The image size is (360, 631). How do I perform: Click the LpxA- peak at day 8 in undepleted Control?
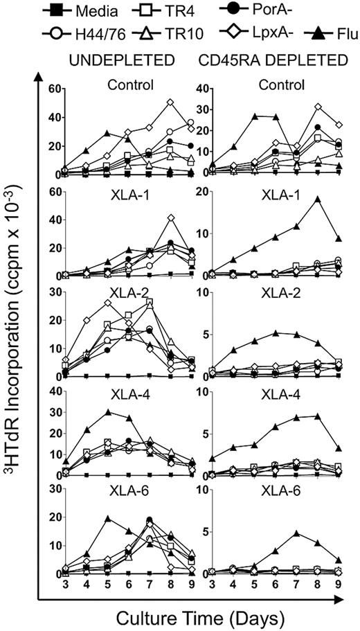click(170, 102)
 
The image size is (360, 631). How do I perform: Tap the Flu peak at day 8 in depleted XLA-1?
click(317, 199)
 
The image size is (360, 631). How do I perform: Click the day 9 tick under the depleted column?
click(338, 587)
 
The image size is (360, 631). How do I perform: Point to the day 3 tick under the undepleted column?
click(65, 587)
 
